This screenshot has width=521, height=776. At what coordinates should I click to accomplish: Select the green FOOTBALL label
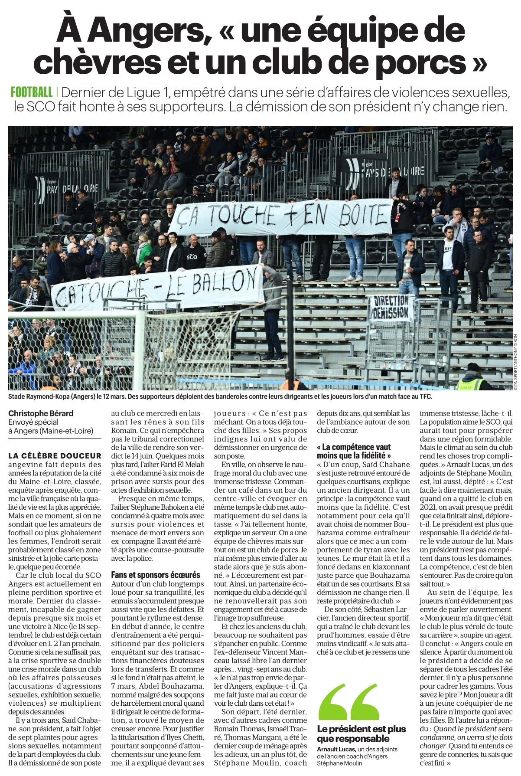point(31,92)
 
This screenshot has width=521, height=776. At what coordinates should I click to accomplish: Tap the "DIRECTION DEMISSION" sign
point(391,306)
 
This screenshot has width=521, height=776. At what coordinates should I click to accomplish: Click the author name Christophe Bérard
point(41,413)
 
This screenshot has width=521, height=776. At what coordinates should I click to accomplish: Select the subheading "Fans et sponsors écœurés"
point(156,575)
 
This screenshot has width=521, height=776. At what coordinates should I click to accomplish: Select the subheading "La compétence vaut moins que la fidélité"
point(354,451)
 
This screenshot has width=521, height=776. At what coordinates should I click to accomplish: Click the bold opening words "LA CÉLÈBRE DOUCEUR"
point(55,455)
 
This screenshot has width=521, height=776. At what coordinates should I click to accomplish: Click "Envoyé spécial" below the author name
point(34,422)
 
